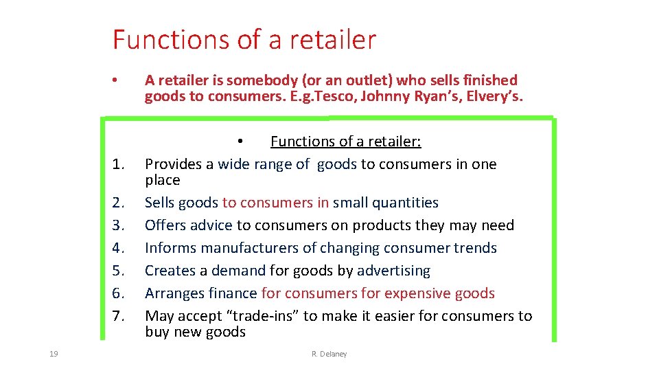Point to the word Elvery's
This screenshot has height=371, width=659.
pyautogui.click(x=494, y=96)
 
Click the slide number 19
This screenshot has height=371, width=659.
pyautogui.click(x=54, y=354)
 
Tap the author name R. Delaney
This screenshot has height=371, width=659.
pyautogui.click(x=329, y=354)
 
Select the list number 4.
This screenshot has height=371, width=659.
pyautogui.click(x=118, y=248)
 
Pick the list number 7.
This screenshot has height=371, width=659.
pyautogui.click(x=118, y=316)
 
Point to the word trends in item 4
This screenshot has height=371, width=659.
pyautogui.click(x=474, y=248)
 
